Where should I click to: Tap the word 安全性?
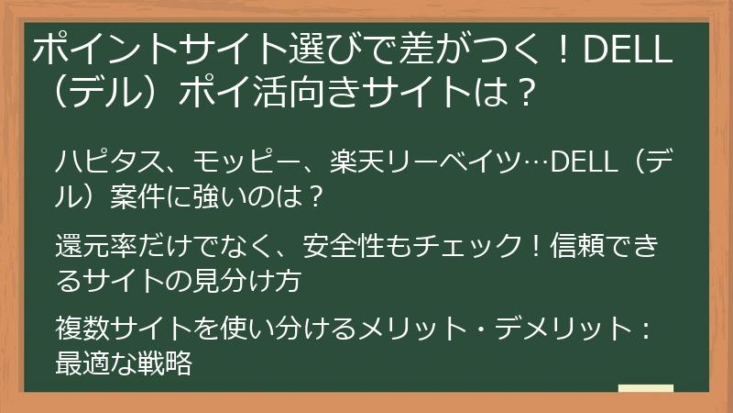354,248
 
